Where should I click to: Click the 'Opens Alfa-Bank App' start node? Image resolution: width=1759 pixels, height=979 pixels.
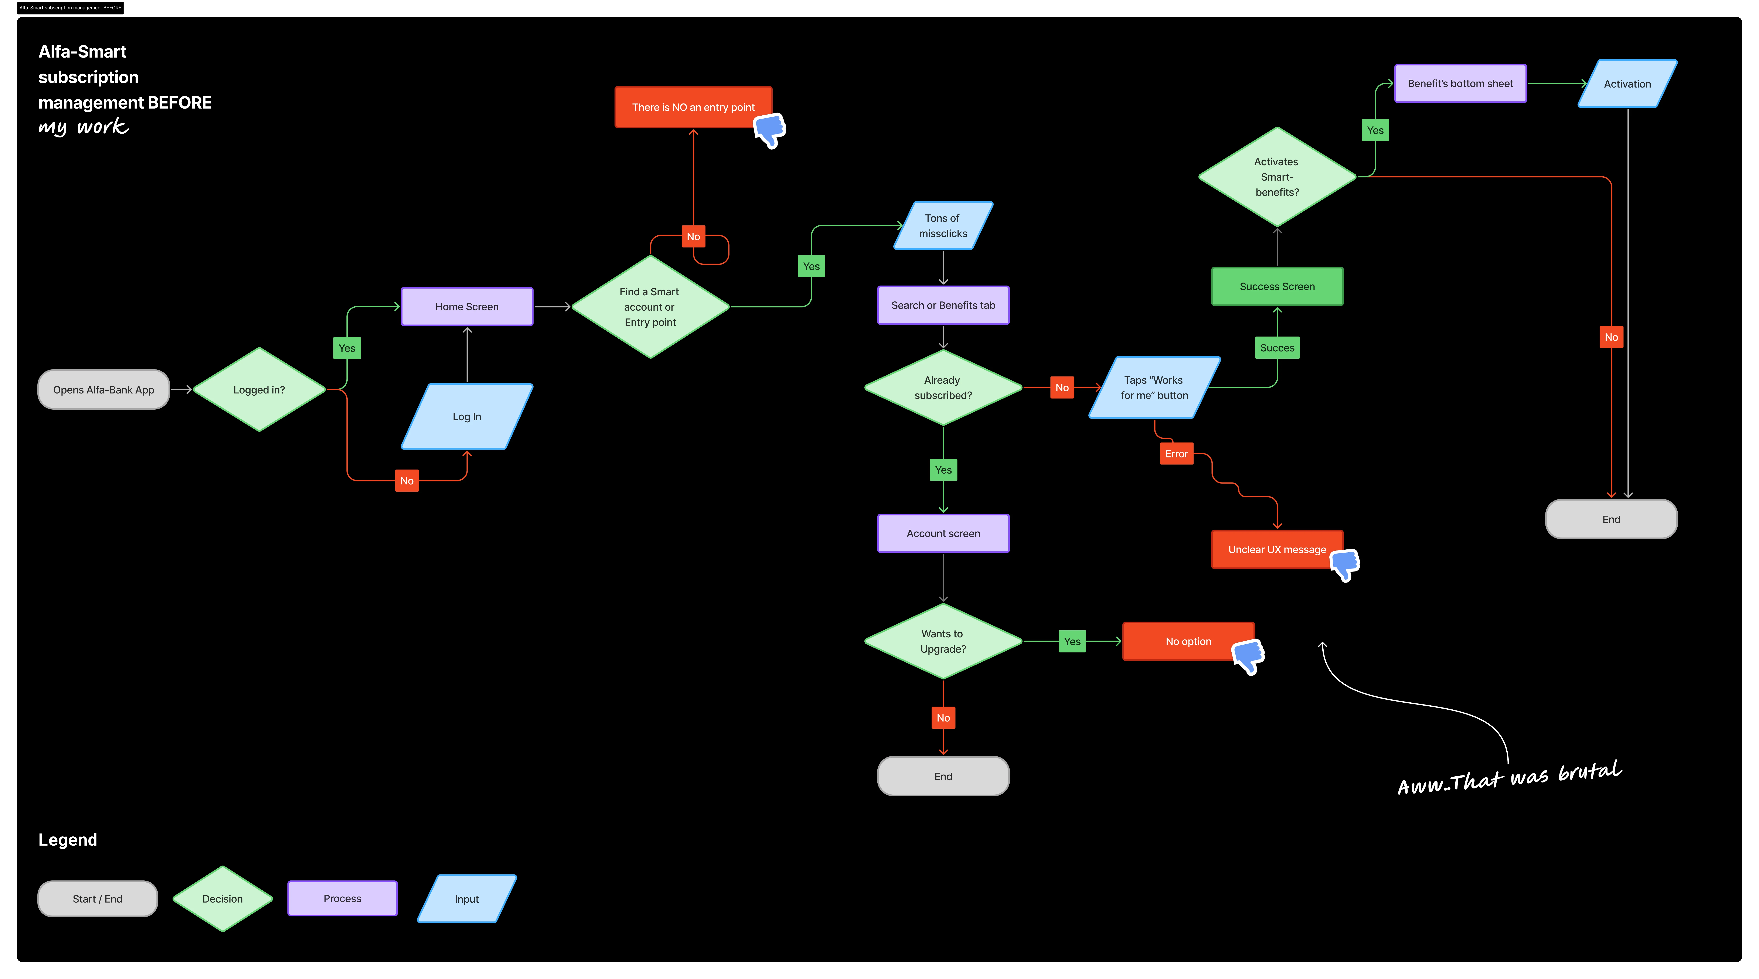[104, 390]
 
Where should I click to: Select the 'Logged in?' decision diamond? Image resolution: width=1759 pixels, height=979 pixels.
[259, 390]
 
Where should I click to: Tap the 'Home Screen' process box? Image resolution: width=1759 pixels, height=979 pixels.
[467, 307]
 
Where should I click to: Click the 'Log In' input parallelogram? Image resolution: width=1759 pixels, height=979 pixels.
[467, 416]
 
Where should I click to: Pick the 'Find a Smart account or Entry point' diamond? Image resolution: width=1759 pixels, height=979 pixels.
[650, 307]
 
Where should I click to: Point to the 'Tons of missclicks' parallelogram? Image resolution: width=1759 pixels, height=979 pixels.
[943, 225]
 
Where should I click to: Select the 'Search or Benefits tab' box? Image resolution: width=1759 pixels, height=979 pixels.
[943, 305]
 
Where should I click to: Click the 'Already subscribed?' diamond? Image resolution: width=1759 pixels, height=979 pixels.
[943, 388]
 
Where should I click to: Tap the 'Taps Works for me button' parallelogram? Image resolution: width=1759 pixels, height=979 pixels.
[1154, 388]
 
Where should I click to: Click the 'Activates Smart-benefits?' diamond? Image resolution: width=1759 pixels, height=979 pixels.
[1277, 177]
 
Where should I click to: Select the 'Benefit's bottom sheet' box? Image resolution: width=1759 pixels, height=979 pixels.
[1460, 83]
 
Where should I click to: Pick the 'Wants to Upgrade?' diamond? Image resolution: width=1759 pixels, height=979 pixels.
[943, 641]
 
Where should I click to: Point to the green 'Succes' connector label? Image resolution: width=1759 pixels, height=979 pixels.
[1277, 348]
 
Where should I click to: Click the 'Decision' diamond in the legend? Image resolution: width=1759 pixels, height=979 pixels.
[223, 898]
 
